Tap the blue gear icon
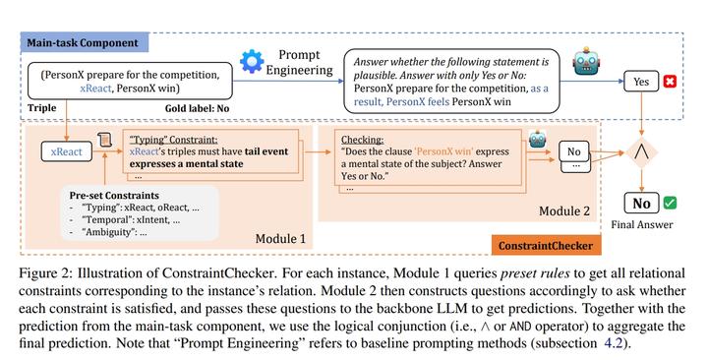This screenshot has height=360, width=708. point(253,64)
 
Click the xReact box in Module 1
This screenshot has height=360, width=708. point(65,154)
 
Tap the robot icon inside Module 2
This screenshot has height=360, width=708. point(537,139)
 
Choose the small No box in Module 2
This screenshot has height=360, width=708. point(576,153)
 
